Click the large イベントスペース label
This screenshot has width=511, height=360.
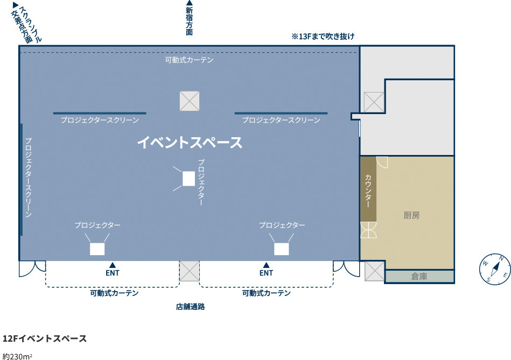[190, 143]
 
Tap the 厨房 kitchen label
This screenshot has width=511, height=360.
[411, 215]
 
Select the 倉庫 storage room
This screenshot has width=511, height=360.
[419, 277]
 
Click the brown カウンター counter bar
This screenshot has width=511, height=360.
[368, 189]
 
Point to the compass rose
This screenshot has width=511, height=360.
[495, 269]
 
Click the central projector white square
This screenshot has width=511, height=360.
[188, 179]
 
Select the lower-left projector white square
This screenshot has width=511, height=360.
[97, 249]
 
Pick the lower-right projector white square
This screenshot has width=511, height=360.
[281, 249]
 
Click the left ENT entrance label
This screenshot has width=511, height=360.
[113, 273]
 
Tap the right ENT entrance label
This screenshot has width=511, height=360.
[266, 273]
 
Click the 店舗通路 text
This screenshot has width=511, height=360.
[190, 307]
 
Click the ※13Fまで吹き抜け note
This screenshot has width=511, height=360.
[323, 36]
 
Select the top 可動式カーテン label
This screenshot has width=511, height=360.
[189, 60]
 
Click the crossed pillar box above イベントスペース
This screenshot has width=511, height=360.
[190, 101]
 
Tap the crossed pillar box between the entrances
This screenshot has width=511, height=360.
[190, 271]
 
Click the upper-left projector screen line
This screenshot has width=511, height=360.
[100, 114]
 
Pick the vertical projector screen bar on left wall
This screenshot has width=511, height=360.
[22, 179]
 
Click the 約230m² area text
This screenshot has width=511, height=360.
[17, 356]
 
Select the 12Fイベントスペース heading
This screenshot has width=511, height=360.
[45, 338]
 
